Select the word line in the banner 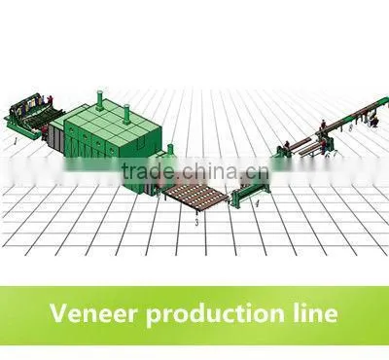315,312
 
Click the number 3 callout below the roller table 196,223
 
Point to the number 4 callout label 257,204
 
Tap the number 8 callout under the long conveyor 350,127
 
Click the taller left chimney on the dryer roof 100,100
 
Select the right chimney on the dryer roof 126,115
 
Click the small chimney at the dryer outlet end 170,150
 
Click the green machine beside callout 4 250,194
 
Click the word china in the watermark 211,170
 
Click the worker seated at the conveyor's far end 374,121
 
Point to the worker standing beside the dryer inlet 45,131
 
